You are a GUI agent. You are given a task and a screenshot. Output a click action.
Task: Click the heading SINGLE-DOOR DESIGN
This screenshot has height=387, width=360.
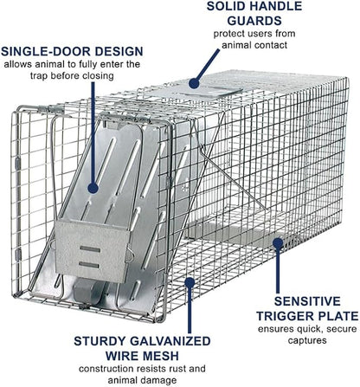point(72,52)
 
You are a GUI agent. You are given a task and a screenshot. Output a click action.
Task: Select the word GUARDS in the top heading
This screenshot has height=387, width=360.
point(254,21)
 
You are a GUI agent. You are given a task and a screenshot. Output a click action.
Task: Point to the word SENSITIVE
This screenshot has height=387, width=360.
point(307,301)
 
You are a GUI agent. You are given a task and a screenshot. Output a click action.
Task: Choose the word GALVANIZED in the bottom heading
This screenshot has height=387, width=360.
point(170,341)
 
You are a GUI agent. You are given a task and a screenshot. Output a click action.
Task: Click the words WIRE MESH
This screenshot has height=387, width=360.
point(142,356)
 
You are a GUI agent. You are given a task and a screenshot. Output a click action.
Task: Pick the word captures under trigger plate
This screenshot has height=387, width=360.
point(307,340)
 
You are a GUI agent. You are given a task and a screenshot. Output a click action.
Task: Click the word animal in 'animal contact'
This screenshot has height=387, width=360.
point(236,45)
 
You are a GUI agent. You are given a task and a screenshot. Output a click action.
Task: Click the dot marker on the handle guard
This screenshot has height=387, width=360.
point(195,83)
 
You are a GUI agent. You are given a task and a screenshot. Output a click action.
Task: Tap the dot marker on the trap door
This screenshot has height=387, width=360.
point(93,188)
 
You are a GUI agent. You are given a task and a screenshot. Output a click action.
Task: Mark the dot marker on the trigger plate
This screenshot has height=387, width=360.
point(278,243)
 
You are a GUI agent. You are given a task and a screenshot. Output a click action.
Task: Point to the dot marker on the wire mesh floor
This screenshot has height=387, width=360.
point(190,283)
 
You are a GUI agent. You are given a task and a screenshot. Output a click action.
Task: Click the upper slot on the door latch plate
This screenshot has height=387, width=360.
point(90,249)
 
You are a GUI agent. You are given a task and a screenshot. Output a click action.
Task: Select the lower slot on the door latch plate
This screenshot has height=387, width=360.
point(89,265)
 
